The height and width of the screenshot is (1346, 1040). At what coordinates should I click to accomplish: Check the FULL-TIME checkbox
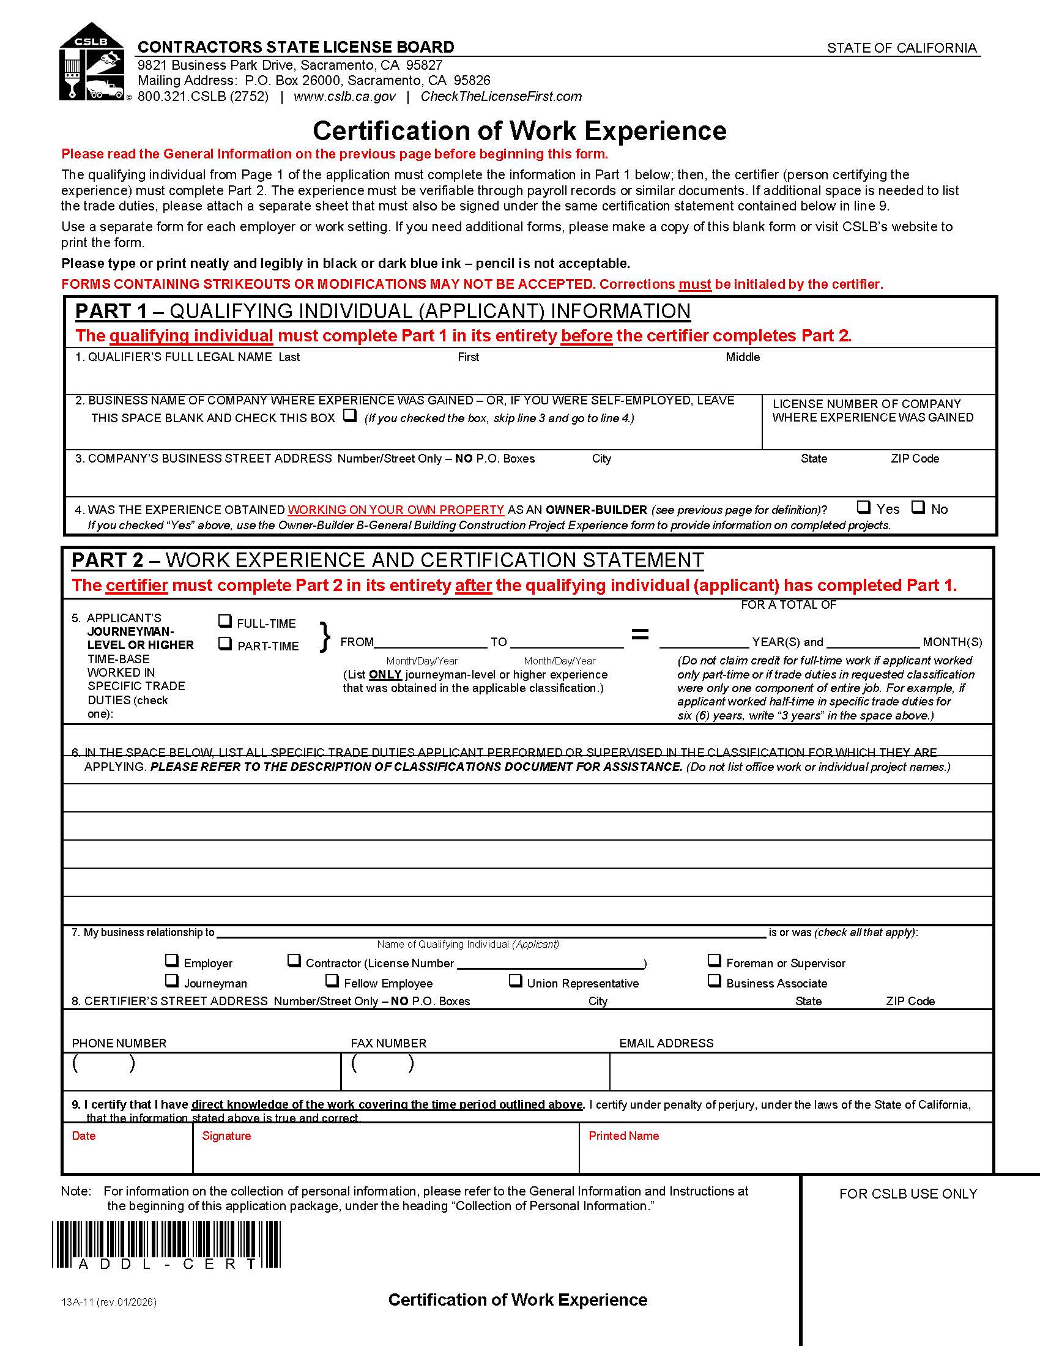[226, 621]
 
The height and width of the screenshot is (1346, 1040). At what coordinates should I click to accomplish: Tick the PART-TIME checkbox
[226, 644]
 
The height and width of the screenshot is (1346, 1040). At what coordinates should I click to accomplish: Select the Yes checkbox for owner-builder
[864, 507]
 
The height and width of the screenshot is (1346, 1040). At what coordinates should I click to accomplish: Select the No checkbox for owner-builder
[919, 507]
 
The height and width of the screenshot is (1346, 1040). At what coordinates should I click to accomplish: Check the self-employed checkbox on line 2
[350, 415]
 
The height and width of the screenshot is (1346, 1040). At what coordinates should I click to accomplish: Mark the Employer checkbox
[172, 960]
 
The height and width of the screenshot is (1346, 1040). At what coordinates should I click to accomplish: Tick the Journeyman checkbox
[172, 981]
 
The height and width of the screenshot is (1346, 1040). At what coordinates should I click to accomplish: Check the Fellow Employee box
[332, 981]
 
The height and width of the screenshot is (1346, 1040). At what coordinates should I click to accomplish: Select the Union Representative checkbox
[516, 981]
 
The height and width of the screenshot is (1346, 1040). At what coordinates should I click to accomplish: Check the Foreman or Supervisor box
[714, 960]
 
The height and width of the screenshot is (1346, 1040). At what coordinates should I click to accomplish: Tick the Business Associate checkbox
[714, 981]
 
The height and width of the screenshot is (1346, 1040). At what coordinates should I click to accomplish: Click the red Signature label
[226, 1136]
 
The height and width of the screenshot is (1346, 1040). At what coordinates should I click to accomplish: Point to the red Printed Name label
[623, 1136]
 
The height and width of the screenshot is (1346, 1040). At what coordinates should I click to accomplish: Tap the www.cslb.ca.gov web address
[344, 97]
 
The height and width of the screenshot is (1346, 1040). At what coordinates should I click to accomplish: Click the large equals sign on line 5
[641, 634]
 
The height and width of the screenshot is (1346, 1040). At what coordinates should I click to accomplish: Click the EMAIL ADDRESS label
[666, 1043]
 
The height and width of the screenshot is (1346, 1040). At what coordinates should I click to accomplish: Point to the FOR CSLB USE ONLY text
[908, 1194]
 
